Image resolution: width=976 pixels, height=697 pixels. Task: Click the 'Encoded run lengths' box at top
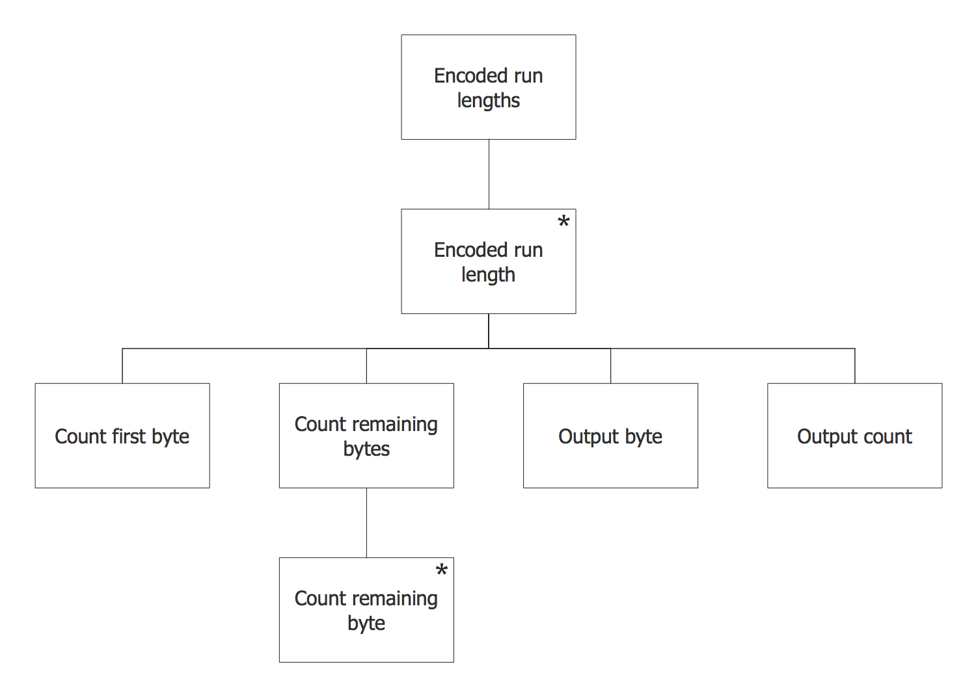click(x=488, y=87)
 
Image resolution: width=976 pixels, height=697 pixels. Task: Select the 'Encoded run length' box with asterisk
click(x=488, y=261)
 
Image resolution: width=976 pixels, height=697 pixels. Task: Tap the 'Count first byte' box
click(x=122, y=436)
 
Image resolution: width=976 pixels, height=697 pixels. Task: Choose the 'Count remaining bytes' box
click(x=366, y=436)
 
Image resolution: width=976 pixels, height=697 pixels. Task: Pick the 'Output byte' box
click(x=610, y=436)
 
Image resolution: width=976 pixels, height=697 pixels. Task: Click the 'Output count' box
click(x=854, y=436)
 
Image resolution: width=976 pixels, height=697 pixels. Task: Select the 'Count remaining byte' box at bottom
click(x=366, y=610)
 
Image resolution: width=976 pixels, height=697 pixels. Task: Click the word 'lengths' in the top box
click(x=488, y=101)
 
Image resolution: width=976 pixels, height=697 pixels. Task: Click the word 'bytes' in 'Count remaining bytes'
click(x=366, y=449)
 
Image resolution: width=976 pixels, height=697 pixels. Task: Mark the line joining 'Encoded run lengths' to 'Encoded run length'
click(x=489, y=174)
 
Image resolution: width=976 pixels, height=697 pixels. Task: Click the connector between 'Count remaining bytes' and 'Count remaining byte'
click(x=366, y=523)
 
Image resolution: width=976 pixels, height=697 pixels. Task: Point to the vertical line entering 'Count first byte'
click(x=122, y=366)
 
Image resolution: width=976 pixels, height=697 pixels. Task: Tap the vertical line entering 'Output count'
click(x=855, y=366)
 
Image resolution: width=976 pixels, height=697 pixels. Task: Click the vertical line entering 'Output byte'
click(x=610, y=366)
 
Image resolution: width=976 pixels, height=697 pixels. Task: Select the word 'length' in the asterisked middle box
click(x=488, y=275)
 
